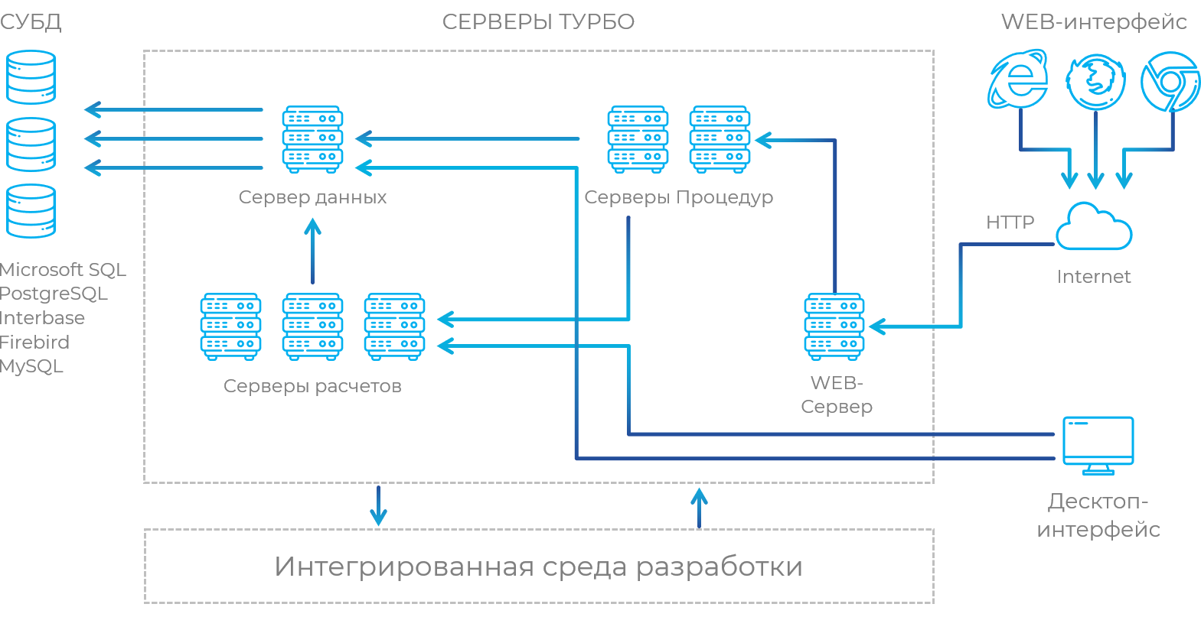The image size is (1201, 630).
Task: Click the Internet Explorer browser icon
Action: (1018, 80)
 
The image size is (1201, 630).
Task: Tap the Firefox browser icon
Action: (1095, 81)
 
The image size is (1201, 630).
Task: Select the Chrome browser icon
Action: (1170, 81)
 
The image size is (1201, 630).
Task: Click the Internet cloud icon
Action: (1093, 227)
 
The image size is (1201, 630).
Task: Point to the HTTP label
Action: (1010, 222)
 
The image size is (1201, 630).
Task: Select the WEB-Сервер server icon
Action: (834, 326)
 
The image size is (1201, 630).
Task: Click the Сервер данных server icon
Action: (312, 139)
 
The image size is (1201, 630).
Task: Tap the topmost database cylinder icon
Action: (31, 77)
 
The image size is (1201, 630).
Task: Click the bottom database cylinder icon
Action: (31, 211)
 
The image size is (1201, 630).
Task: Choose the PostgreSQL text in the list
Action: (54, 294)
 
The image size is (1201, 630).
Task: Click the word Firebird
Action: (35, 342)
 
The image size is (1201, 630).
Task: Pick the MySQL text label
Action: (31, 366)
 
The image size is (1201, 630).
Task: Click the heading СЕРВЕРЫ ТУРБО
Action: (538, 22)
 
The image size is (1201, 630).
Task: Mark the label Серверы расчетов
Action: (312, 386)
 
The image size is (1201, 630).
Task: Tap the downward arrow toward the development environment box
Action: (378, 505)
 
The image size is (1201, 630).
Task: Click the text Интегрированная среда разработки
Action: (538, 567)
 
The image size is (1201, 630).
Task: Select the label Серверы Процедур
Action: (678, 197)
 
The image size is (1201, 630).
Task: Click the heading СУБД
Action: (31, 22)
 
